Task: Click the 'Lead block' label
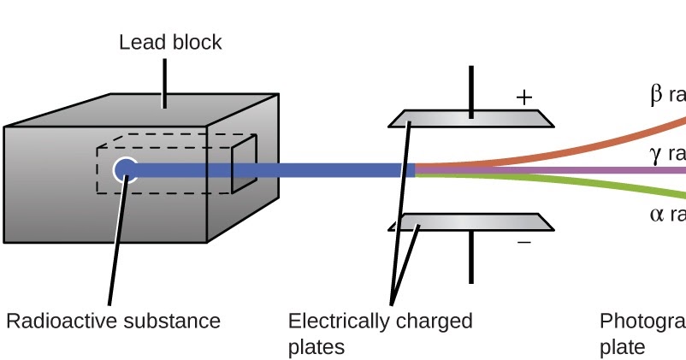[x=170, y=42]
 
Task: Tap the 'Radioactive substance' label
[x=113, y=322]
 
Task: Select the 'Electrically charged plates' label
[x=380, y=333]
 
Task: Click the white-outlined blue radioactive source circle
[x=126, y=169]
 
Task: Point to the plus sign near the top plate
[x=523, y=97]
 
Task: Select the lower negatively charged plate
[x=470, y=222]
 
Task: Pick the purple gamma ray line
[x=599, y=170]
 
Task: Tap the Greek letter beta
[x=656, y=94]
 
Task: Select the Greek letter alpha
[x=656, y=215]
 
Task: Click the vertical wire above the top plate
[x=470, y=90]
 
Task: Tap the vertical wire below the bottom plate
[x=470, y=257]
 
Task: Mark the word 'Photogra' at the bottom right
[x=642, y=322]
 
